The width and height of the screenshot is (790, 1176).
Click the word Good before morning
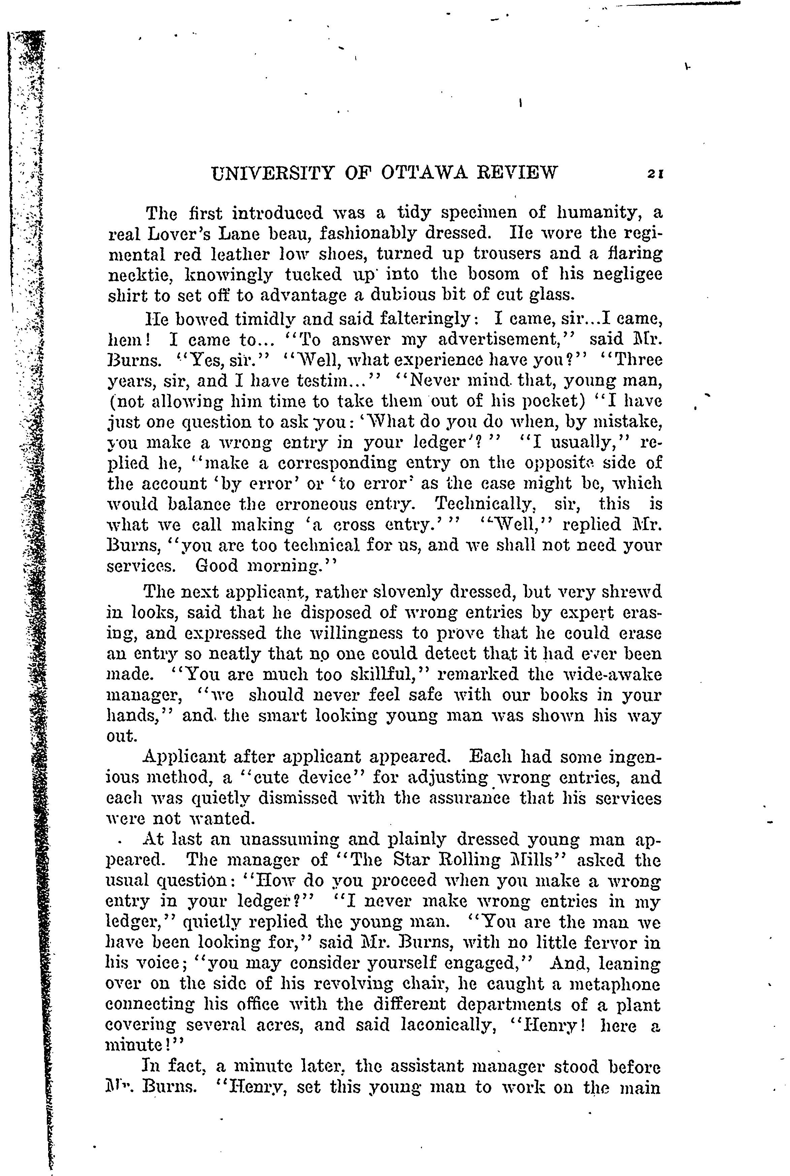pyautogui.click(x=217, y=566)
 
